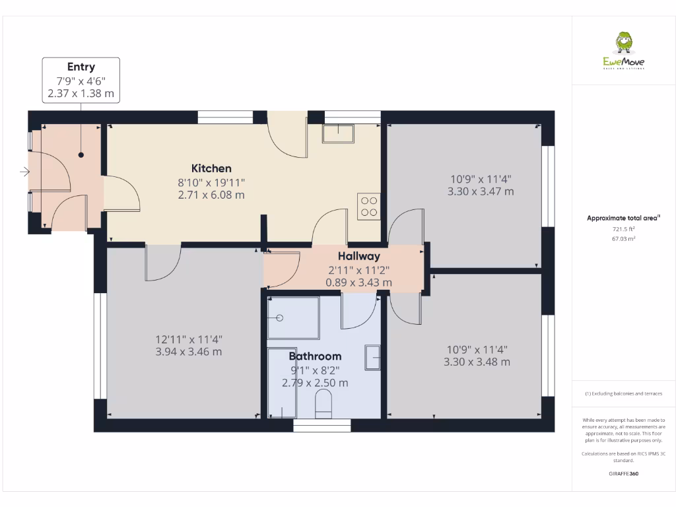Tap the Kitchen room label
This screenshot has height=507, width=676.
tap(211, 168)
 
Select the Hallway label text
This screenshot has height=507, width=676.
tap(358, 256)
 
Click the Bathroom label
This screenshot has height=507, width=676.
tap(315, 356)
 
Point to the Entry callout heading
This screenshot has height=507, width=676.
tap(81, 67)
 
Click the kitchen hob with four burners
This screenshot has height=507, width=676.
tap(368, 206)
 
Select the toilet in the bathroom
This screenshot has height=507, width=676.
tap(323, 404)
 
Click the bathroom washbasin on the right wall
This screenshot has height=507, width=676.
tap(373, 357)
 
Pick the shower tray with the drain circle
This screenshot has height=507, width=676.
tap(293, 318)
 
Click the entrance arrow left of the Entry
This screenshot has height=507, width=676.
tap(24, 172)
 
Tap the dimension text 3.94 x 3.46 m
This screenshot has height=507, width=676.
tap(188, 352)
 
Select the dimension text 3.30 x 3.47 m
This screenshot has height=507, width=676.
tap(481, 191)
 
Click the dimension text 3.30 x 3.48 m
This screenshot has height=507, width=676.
tap(477, 362)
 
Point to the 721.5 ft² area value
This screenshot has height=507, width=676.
tap(623, 229)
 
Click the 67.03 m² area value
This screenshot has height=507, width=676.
tap(623, 239)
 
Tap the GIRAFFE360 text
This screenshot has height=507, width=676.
tap(623, 473)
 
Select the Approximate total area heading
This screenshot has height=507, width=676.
tap(623, 218)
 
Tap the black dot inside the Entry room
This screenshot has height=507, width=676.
tap(81, 155)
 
